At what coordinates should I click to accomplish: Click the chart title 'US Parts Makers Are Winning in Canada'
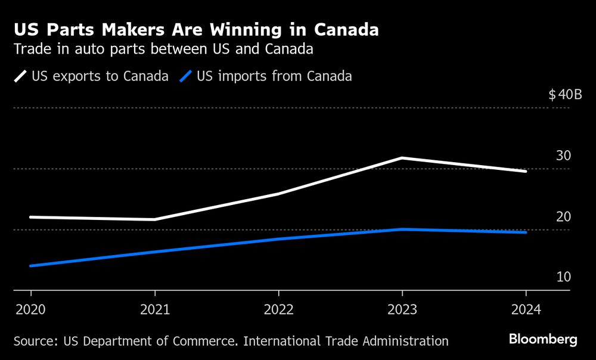[x=196, y=30]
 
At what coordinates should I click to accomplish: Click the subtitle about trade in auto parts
[x=163, y=49]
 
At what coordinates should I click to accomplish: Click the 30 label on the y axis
[x=563, y=156]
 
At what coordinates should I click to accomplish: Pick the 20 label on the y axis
[x=563, y=216]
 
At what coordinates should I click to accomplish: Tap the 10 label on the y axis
[x=563, y=277]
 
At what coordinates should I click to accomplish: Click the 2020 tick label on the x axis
[x=30, y=309]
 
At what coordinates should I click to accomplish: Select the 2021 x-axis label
[x=155, y=309]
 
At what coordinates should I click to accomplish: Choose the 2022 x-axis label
[x=278, y=309]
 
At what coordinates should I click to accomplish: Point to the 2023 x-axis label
[x=402, y=309]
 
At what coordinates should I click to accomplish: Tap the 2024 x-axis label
[x=526, y=309]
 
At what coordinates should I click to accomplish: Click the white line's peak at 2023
[x=402, y=158]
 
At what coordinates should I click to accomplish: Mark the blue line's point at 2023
[x=402, y=229]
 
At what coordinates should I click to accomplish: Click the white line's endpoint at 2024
[x=526, y=171]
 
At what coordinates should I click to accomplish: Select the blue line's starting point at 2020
[x=30, y=266]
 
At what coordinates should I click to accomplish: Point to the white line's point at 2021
[x=155, y=219]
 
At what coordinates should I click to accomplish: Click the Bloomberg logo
[x=543, y=340]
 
